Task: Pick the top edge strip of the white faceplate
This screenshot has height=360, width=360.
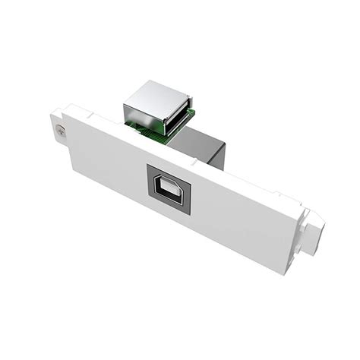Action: click(x=152, y=141)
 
